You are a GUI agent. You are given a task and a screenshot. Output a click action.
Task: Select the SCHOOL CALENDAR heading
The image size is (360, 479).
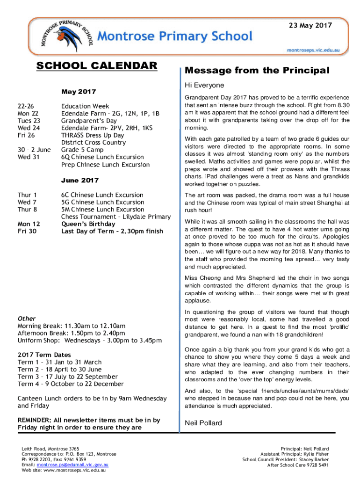[x=97, y=66]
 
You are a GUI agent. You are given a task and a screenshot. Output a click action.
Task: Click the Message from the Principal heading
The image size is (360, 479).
[x=257, y=71]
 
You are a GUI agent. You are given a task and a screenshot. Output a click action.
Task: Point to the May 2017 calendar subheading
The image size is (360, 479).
[x=79, y=91]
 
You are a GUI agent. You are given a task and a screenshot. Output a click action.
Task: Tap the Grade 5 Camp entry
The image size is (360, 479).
[x=82, y=150]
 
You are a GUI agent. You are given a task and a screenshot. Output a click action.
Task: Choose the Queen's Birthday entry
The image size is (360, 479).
[x=88, y=224]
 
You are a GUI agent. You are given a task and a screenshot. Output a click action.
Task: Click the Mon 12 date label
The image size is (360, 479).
[x=29, y=224]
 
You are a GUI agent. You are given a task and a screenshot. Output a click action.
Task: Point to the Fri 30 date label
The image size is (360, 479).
[x=27, y=231]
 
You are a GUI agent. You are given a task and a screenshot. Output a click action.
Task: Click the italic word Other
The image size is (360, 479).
[x=27, y=319]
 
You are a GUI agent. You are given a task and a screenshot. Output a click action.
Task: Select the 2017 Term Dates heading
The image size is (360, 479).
[x=44, y=355]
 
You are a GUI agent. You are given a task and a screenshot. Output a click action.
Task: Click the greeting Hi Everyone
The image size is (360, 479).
[x=204, y=86]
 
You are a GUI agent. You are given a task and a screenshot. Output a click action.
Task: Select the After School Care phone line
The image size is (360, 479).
[x=298, y=465]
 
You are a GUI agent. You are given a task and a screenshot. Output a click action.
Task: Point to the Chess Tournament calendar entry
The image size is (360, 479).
[x=116, y=217]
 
